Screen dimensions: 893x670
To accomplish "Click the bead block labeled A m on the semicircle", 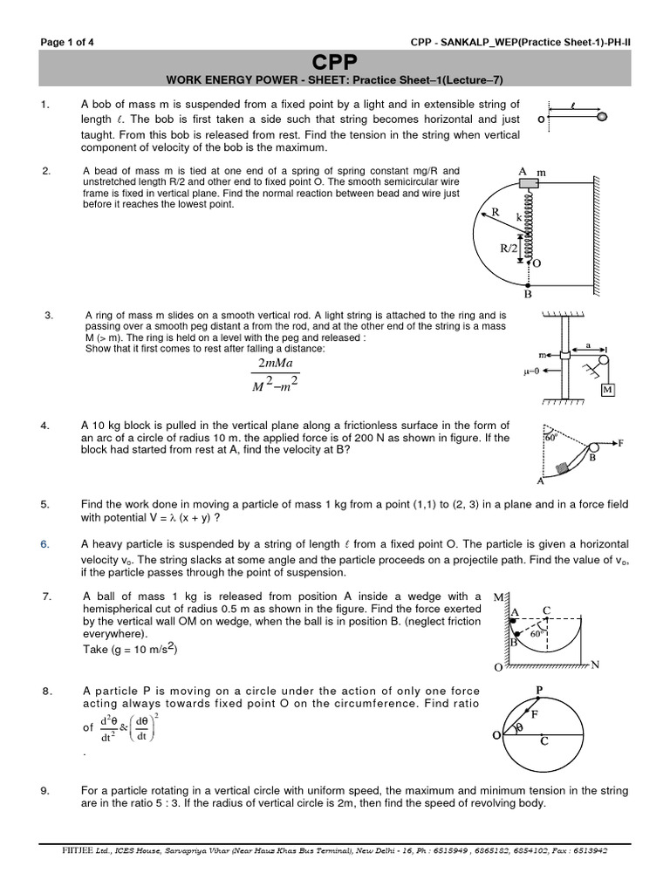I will (528, 184).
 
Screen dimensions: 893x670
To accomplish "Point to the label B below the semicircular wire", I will (528, 295).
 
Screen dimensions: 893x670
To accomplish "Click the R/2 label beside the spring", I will (509, 249).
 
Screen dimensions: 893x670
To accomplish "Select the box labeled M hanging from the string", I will (608, 389).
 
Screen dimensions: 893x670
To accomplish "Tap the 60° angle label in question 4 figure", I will (550, 439).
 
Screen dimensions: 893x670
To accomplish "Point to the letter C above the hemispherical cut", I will (546, 611).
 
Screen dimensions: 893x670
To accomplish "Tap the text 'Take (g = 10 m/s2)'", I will (133, 649).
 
